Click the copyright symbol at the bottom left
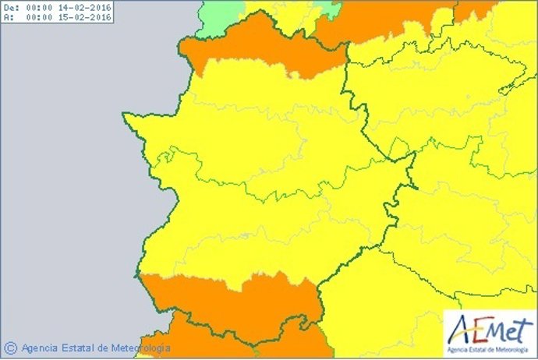10,348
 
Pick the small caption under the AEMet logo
489,348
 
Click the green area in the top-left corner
218,16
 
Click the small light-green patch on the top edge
328,8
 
